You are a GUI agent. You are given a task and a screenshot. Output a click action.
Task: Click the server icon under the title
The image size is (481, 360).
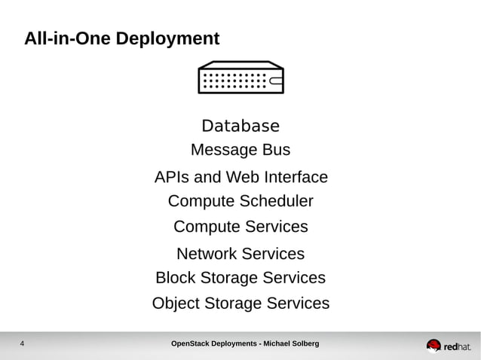click(240, 78)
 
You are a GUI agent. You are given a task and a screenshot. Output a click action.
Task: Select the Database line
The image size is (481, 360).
click(240, 126)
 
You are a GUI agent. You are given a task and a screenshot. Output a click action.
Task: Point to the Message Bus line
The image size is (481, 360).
click(240, 150)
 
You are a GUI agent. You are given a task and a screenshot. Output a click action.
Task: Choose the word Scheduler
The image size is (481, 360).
click(276, 202)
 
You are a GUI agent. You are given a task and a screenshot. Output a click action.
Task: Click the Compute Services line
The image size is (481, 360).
click(240, 227)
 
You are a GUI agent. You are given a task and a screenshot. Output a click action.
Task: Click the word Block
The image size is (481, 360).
click(175, 278)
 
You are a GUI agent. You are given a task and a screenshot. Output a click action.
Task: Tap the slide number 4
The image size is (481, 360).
click(22, 345)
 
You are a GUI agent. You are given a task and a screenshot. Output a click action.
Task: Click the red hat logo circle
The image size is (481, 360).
click(434, 346)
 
